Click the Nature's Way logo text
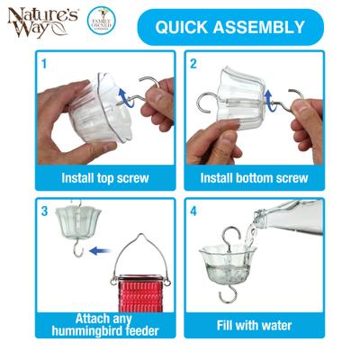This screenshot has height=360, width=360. pos(35,28)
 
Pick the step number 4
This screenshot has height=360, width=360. pos(193,211)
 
